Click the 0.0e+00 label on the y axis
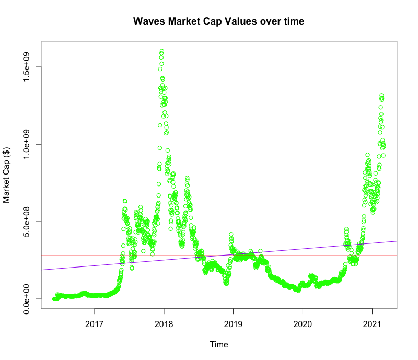click(x=26, y=299)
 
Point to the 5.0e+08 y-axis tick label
click(x=26, y=222)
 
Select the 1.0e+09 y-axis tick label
click(x=26, y=144)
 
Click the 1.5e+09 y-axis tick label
click(x=26, y=67)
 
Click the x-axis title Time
click(x=218, y=344)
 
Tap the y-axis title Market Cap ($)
click(x=7, y=175)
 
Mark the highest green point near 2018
click(x=162, y=51)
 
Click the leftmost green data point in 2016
click(x=54, y=299)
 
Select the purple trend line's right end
click(x=397, y=241)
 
